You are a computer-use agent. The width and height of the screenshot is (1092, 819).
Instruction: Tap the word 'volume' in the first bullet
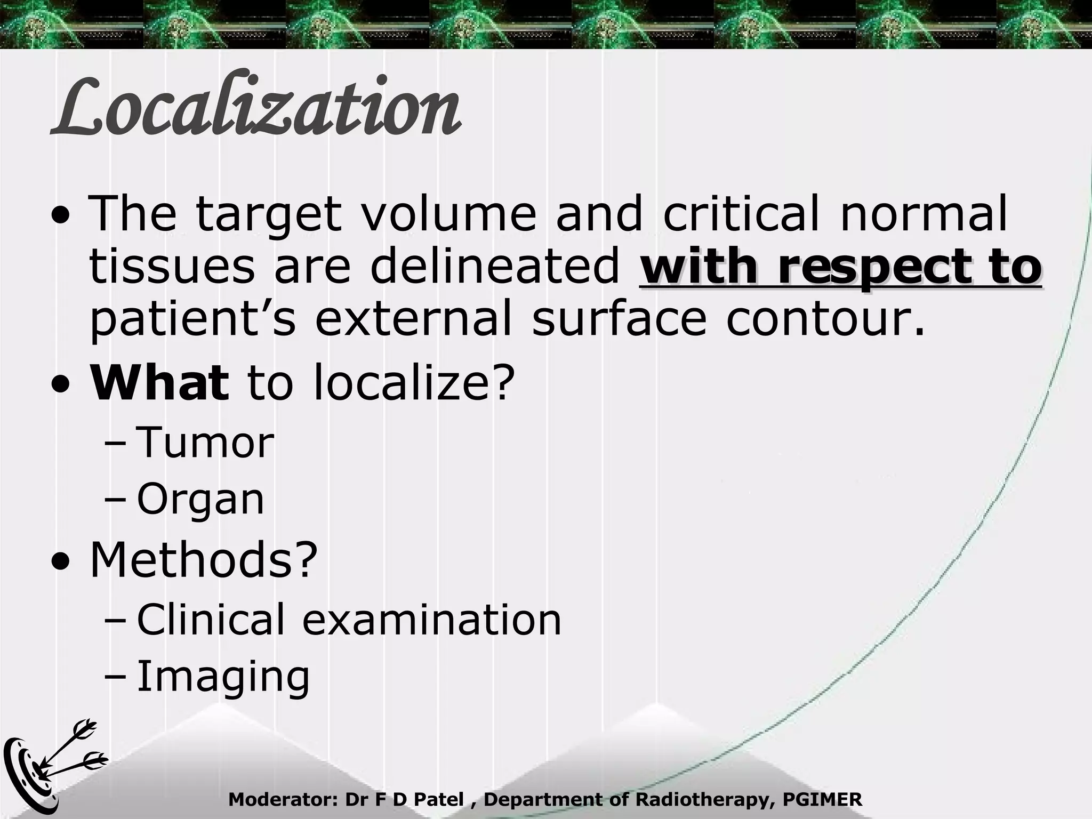coord(448,214)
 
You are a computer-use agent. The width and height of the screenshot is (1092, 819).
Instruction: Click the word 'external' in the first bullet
coord(413,319)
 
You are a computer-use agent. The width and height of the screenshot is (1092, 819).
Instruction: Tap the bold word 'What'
coord(159,382)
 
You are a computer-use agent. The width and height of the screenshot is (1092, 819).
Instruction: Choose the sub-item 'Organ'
coord(200,500)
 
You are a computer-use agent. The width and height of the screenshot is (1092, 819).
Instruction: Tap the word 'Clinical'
coord(211,620)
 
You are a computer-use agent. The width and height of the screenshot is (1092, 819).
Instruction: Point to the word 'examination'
coord(432,620)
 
